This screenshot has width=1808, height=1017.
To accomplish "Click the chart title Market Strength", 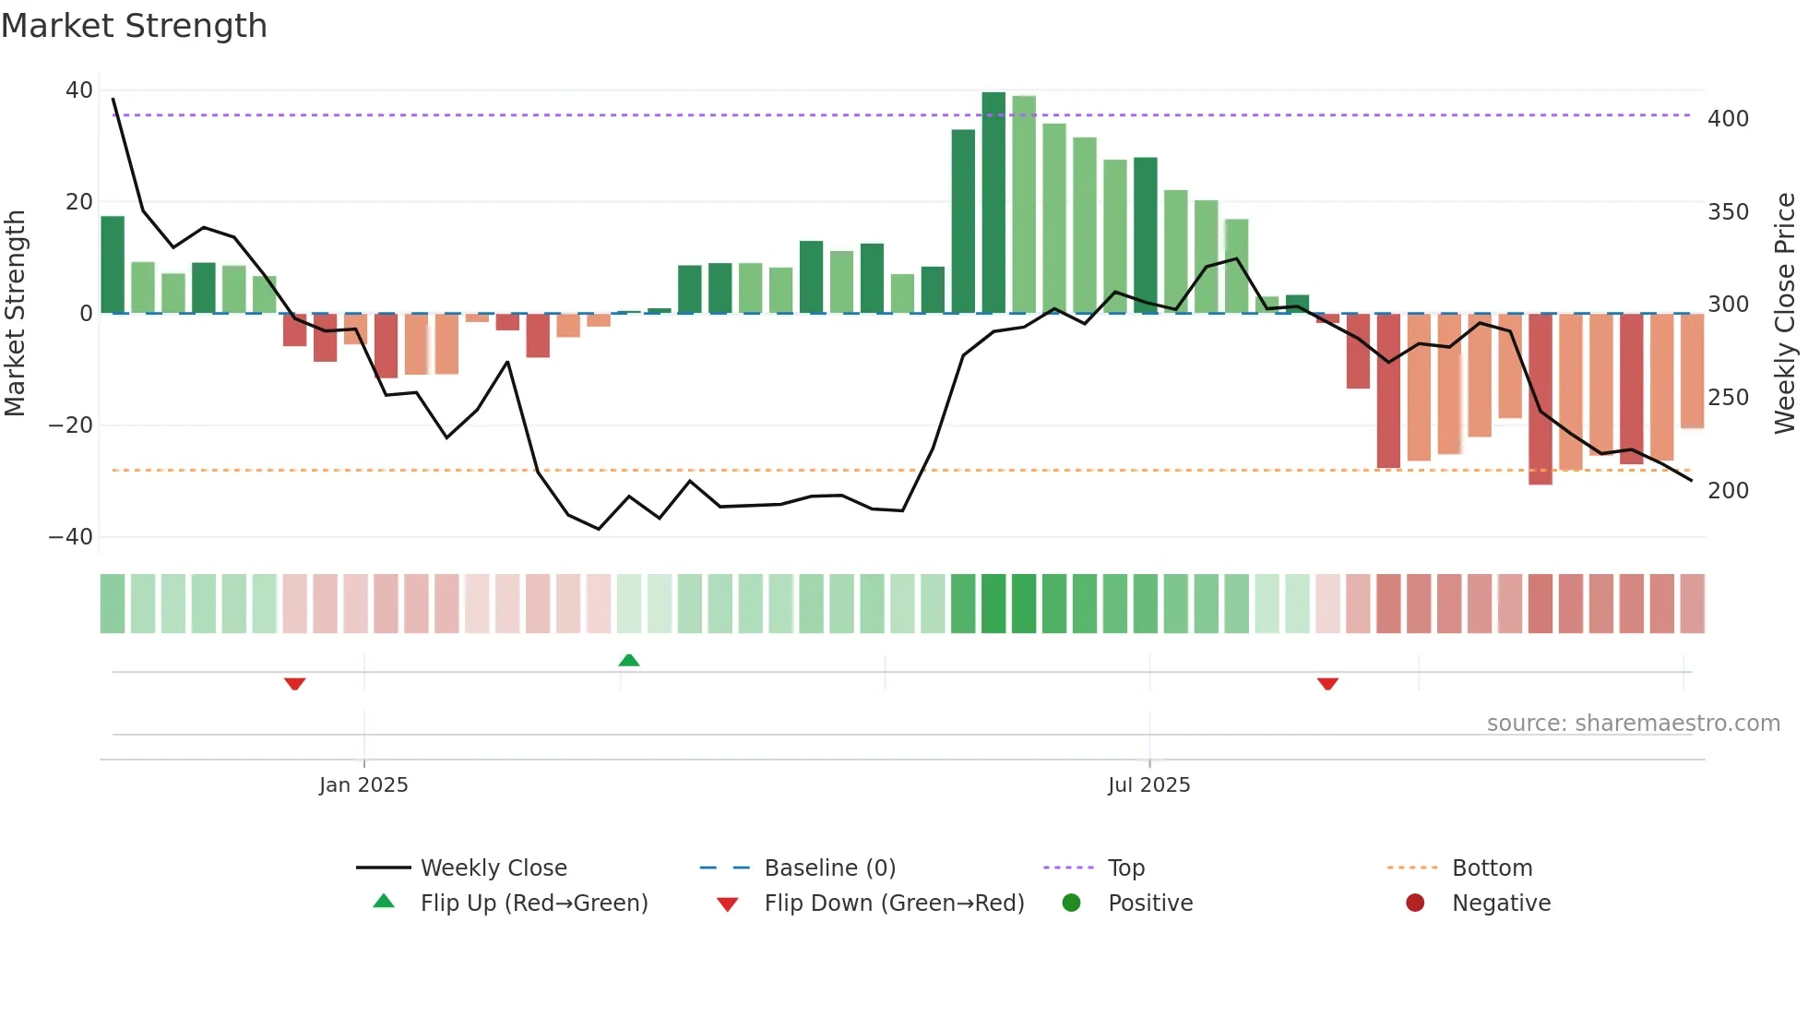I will click(x=134, y=26).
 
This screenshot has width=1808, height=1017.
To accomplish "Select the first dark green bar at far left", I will click(x=113, y=265).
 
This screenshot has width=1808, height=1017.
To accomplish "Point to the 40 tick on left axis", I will click(x=79, y=90).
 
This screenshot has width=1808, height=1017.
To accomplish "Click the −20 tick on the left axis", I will click(x=71, y=425).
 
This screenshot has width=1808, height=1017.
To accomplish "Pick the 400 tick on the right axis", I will click(x=1728, y=119).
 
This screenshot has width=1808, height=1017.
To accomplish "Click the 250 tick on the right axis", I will click(x=1728, y=398).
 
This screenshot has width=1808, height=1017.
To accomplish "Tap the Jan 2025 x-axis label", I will click(x=363, y=785).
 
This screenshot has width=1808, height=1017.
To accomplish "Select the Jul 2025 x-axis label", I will click(x=1148, y=785).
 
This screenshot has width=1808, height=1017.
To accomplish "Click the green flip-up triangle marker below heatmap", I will click(x=629, y=661).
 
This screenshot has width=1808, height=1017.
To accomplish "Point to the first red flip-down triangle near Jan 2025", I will click(x=295, y=684).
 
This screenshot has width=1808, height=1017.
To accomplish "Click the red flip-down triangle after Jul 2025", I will click(x=1327, y=684).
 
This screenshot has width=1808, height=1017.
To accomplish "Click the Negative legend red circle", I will click(x=1415, y=903).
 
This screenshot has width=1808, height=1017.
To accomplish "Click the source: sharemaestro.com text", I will click(x=1633, y=724).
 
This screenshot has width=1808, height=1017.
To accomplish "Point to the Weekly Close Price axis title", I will click(x=1785, y=314).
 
